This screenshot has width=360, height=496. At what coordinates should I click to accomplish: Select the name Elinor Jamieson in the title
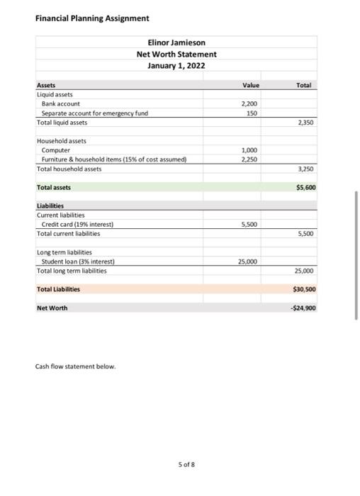point(176,43)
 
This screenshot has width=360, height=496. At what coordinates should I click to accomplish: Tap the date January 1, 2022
point(176,66)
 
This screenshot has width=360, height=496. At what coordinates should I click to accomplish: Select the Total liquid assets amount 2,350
point(305,122)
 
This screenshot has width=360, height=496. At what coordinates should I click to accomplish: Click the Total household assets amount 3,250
point(305,169)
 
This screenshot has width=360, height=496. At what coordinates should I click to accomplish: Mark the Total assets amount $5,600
point(304,188)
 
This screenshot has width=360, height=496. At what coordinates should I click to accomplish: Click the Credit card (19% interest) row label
point(77,224)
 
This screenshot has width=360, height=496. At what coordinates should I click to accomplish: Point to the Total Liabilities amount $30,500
point(303,289)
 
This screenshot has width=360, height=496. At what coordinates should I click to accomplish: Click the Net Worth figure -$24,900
point(303,308)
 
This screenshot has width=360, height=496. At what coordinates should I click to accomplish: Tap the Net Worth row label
point(52,308)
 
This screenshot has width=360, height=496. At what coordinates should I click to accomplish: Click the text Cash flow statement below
point(74,366)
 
